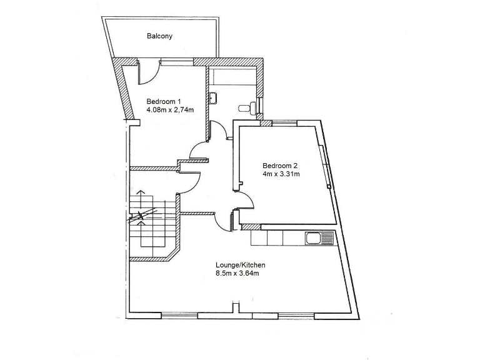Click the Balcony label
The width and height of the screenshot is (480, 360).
tap(159, 36)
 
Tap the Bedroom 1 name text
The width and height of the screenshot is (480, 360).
tap(163, 101)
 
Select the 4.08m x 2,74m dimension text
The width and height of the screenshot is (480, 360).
tap(170, 110)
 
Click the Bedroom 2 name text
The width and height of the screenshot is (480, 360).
tap(279, 166)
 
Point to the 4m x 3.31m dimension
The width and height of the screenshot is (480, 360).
tap(281, 174)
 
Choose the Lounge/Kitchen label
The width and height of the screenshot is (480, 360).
tap(236, 265)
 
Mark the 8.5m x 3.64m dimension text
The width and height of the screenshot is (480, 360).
tap(237, 274)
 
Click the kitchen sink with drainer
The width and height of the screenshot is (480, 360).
tap(319, 237)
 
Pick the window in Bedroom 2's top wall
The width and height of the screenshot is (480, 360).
tap(285, 123)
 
